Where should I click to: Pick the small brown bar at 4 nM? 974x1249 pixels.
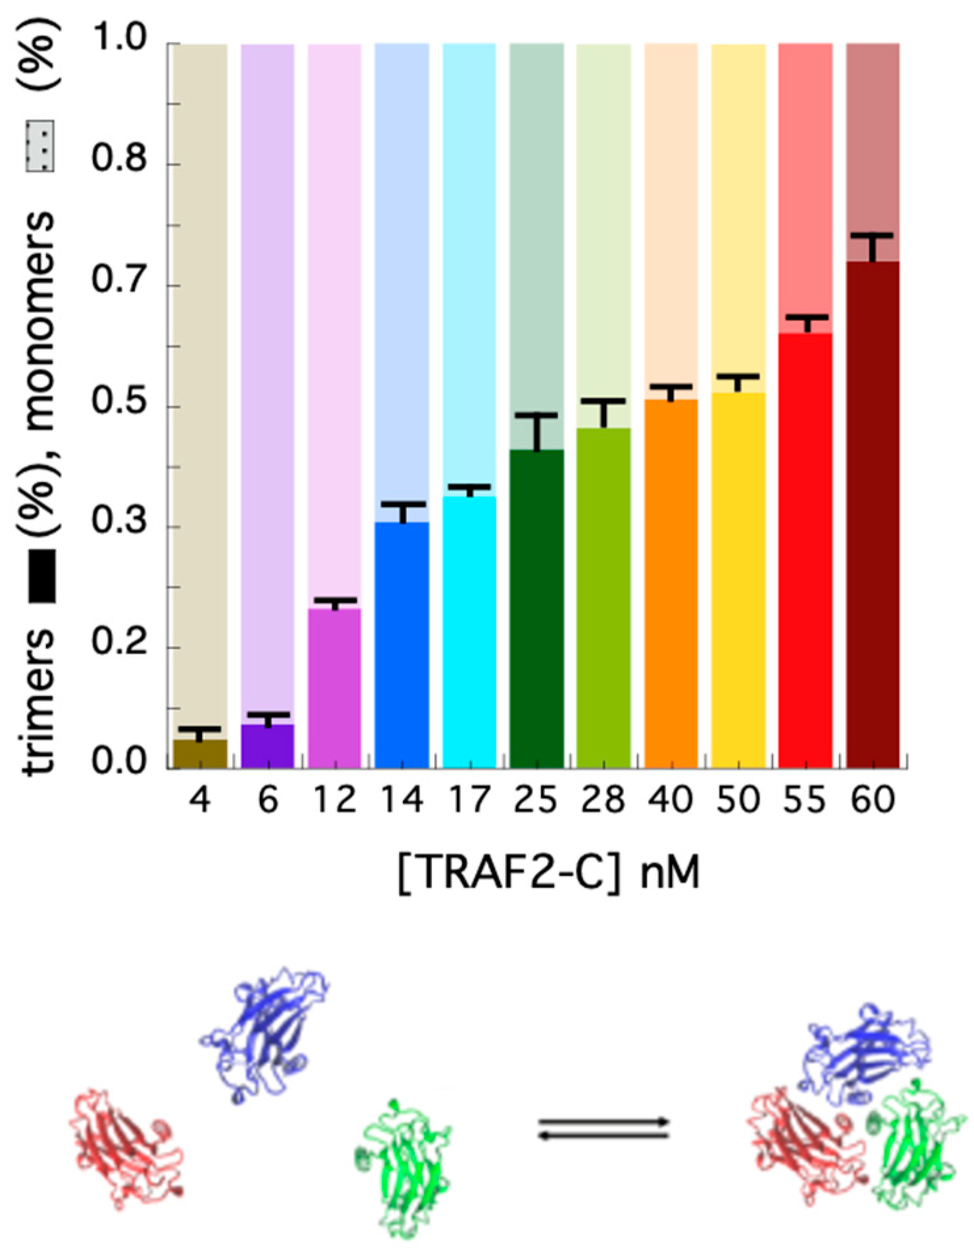[x=200, y=754]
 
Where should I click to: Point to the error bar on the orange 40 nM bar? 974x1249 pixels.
[x=671, y=392]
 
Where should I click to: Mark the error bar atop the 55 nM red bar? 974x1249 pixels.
[x=806, y=324]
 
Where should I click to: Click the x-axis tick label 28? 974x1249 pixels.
[x=603, y=800]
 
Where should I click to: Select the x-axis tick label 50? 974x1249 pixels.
[x=738, y=800]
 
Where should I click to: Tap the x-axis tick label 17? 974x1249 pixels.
[x=469, y=800]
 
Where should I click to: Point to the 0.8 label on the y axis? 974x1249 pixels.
[x=119, y=159]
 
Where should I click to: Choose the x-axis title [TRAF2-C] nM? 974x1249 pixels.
[x=549, y=873]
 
